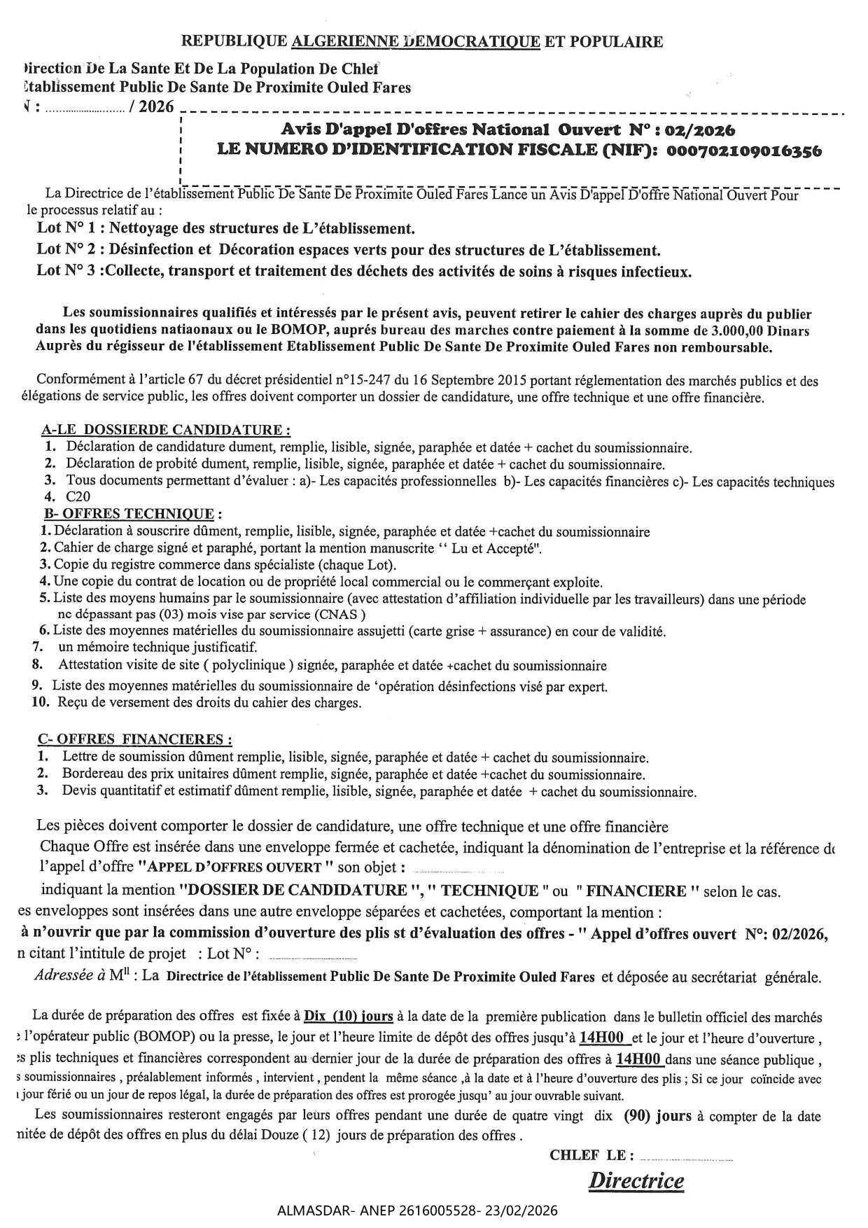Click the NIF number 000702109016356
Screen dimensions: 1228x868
[x=744, y=151]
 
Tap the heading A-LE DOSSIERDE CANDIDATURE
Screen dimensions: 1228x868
[x=166, y=429]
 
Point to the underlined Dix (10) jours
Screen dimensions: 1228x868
[x=348, y=1016]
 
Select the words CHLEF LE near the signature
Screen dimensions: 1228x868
[x=592, y=1155]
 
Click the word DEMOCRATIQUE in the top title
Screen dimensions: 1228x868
[x=472, y=41]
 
